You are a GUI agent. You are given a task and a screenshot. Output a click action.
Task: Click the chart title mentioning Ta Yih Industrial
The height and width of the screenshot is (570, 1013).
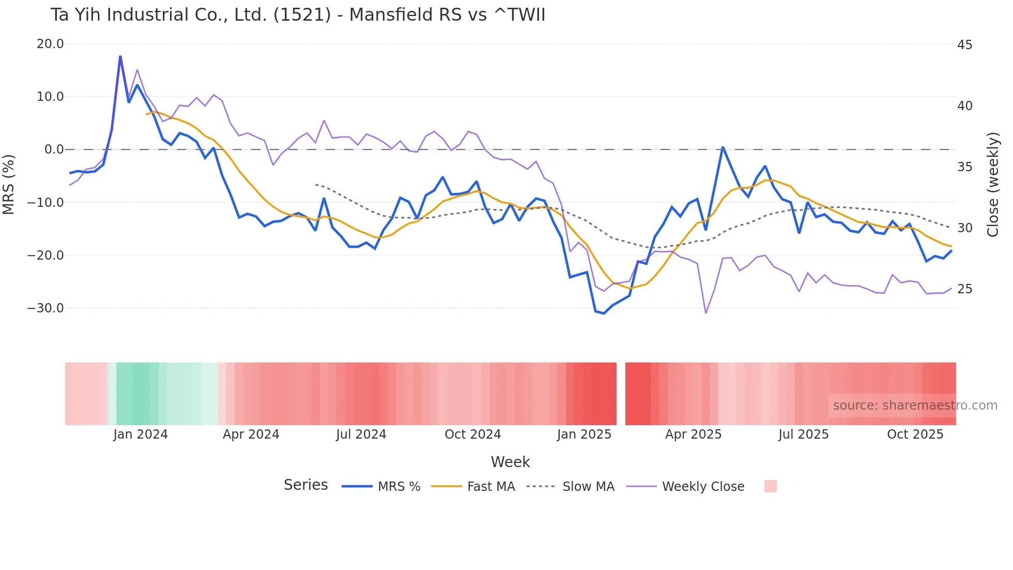[x=298, y=14]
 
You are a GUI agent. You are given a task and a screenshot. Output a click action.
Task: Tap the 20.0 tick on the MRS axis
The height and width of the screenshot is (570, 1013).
[x=50, y=44]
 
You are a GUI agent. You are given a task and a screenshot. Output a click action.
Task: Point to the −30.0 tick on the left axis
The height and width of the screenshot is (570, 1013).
[x=45, y=308]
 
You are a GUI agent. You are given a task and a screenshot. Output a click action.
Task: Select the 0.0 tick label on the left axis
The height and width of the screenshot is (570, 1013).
[x=54, y=149]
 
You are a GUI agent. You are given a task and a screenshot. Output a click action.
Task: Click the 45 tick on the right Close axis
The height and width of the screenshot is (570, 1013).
[x=964, y=45]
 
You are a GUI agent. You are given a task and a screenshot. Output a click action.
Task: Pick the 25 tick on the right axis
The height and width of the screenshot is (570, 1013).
[x=964, y=289]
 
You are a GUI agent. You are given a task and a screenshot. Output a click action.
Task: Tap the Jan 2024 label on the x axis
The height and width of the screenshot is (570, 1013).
[x=141, y=434]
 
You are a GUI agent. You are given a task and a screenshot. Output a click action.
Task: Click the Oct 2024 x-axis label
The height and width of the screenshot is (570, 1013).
[x=472, y=434]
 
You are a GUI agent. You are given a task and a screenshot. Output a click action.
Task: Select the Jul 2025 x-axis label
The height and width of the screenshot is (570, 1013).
[x=803, y=434]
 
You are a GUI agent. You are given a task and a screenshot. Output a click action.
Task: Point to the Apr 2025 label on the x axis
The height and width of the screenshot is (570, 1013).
[x=693, y=434]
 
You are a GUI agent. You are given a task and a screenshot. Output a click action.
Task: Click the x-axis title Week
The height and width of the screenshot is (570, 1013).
[x=510, y=462]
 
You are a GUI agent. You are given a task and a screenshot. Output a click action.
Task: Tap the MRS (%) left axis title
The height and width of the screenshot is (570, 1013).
[x=9, y=184]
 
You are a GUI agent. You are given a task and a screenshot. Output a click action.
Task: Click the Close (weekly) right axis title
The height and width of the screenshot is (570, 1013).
[x=993, y=185]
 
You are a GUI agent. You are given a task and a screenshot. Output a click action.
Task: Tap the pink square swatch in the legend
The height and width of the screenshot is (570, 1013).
[x=770, y=486]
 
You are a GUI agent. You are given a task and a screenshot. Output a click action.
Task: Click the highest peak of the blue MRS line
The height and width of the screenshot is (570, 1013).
[x=120, y=56]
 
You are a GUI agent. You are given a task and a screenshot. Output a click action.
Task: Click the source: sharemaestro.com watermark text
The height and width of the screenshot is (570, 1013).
[x=915, y=406]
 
